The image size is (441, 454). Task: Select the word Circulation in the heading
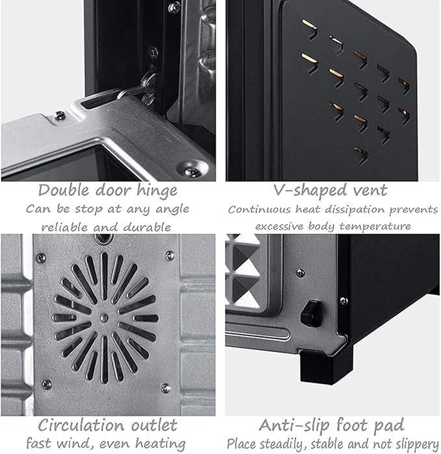(81, 425)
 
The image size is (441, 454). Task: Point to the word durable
(147, 227)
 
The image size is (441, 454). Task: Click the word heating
(160, 444)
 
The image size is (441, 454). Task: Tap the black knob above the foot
(312, 313)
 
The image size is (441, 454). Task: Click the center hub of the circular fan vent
(104, 318)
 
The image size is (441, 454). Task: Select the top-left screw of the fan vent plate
(41, 257)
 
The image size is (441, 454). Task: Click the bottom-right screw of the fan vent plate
(166, 388)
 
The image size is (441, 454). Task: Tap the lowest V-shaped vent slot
(361, 155)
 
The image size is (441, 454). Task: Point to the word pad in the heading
(389, 425)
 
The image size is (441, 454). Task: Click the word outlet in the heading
(154, 425)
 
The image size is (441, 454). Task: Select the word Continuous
(260, 209)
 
